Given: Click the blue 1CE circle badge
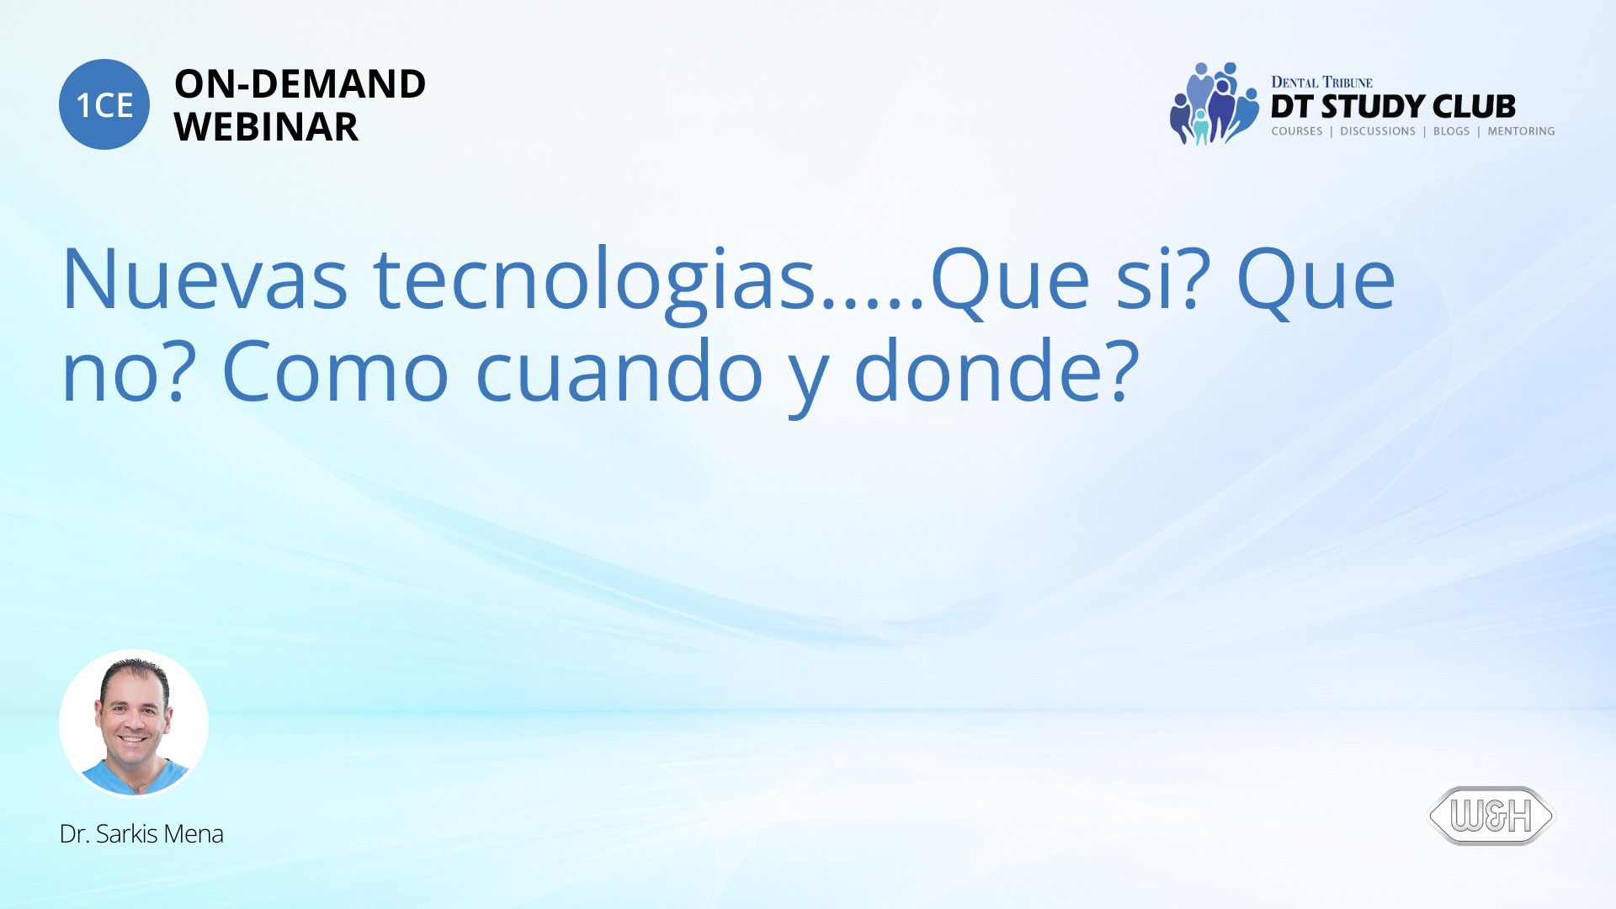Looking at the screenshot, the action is [x=104, y=104].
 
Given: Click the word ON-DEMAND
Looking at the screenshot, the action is [x=300, y=84].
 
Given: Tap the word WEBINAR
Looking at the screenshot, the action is [x=266, y=127].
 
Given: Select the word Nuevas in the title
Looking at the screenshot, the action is [x=205, y=279].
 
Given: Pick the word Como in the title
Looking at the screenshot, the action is [x=335, y=371].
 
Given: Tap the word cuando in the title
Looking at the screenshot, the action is [x=619, y=371].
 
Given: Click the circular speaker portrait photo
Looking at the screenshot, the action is [x=134, y=723].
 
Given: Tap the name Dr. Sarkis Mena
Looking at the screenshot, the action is [x=141, y=834].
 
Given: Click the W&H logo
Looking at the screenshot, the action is [x=1491, y=816].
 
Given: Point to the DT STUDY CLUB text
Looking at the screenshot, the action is [x=1393, y=107].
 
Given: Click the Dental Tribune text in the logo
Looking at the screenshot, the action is [x=1321, y=82].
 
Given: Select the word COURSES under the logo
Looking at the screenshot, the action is [x=1297, y=131].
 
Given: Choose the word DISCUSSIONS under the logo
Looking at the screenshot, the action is [x=1378, y=131].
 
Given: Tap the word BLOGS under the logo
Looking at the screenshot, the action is [x=1451, y=131].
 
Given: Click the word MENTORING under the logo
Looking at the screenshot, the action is [x=1521, y=131].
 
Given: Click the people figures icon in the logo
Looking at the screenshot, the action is [x=1214, y=104].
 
